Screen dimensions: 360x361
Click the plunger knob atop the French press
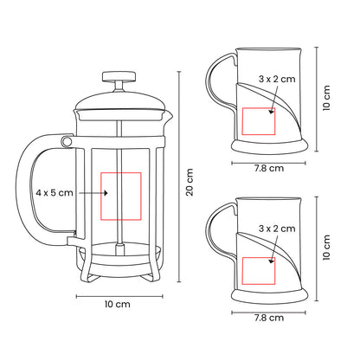click(119, 76)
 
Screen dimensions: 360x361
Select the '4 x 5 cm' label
click(55, 192)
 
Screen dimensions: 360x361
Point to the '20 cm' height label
click(190, 183)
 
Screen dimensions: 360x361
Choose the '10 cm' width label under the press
click(118, 304)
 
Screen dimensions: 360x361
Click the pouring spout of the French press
click(169, 115)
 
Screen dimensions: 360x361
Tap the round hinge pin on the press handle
click(67, 141)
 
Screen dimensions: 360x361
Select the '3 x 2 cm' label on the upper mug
click(277, 79)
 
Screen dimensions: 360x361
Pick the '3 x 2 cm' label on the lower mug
click(277, 229)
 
